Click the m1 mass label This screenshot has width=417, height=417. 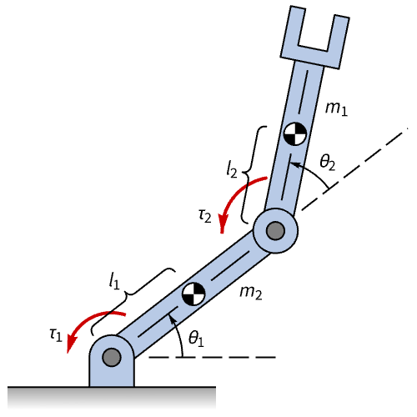point(336,108)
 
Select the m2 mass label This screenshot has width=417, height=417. point(251,293)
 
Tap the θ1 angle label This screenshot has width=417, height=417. point(196,338)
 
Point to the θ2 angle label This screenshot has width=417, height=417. point(328,162)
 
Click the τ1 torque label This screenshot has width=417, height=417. point(56,334)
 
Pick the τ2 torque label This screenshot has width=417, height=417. point(205,216)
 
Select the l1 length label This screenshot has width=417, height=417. point(114,281)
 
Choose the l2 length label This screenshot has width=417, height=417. point(232,169)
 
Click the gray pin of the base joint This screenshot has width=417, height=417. point(112,357)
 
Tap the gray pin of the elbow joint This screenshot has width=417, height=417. point(275,230)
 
